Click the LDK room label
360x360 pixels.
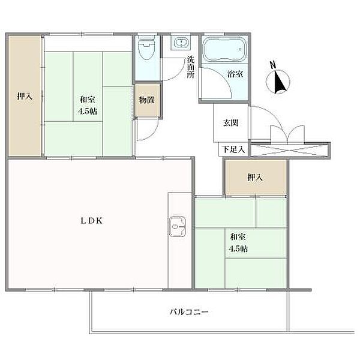coord(92,220)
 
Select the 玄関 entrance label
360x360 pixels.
coord(231,124)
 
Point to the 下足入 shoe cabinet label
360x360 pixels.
coord(233,149)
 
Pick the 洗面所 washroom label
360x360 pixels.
coord(190,67)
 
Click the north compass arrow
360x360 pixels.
coord(280,81)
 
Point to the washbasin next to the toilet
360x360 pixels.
coord(180,43)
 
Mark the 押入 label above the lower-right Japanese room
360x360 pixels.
coord(255,177)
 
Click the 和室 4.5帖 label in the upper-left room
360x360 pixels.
coord(88,106)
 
